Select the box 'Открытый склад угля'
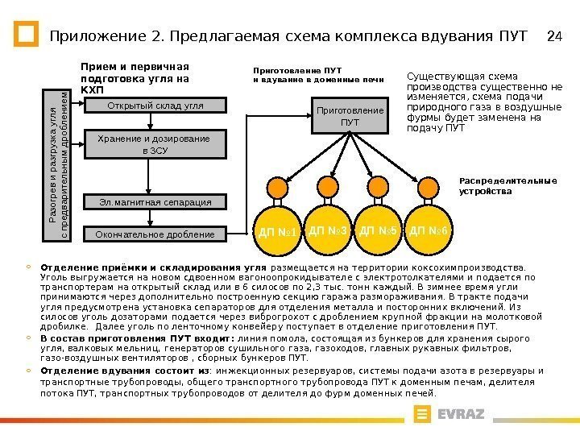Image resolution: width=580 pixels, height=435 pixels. [x=155, y=106]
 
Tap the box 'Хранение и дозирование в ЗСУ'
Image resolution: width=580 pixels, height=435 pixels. [x=155, y=144]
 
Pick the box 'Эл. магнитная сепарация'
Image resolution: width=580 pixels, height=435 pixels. [x=155, y=201]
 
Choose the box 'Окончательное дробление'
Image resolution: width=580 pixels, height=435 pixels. [x=155, y=234]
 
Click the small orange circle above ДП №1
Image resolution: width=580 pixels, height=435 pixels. [x=278, y=187]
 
